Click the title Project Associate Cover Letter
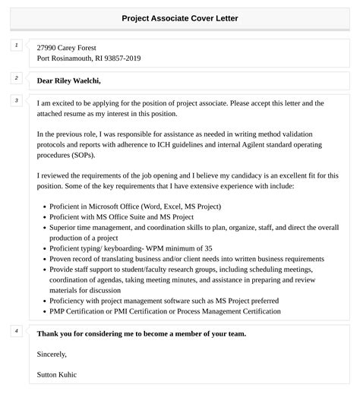coord(179,18)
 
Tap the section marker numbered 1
coord(16,46)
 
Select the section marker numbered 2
coord(16,78)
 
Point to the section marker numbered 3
coord(16,101)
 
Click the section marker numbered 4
coord(16,332)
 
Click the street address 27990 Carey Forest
coord(66,48)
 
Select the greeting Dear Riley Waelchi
coord(68,80)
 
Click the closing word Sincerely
coord(52,354)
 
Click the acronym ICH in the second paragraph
coord(175,144)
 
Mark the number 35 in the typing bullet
coord(209,248)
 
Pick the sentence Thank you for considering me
coord(141,333)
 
